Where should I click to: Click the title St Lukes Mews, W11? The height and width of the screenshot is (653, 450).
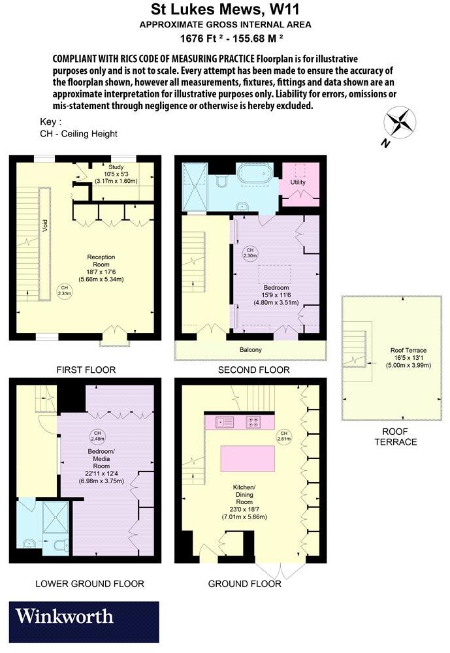coord(225,10)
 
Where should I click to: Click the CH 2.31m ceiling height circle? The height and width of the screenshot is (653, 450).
coord(63,291)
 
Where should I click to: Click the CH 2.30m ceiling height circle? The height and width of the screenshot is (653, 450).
coord(249,253)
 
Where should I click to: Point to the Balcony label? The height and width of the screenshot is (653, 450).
coord(250,350)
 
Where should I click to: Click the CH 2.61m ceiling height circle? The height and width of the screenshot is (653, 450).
coord(283,436)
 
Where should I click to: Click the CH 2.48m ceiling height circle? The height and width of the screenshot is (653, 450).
coord(97,436)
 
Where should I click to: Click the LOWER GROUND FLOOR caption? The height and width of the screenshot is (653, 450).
coord(89,583)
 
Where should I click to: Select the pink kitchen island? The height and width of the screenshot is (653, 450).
coord(246,460)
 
